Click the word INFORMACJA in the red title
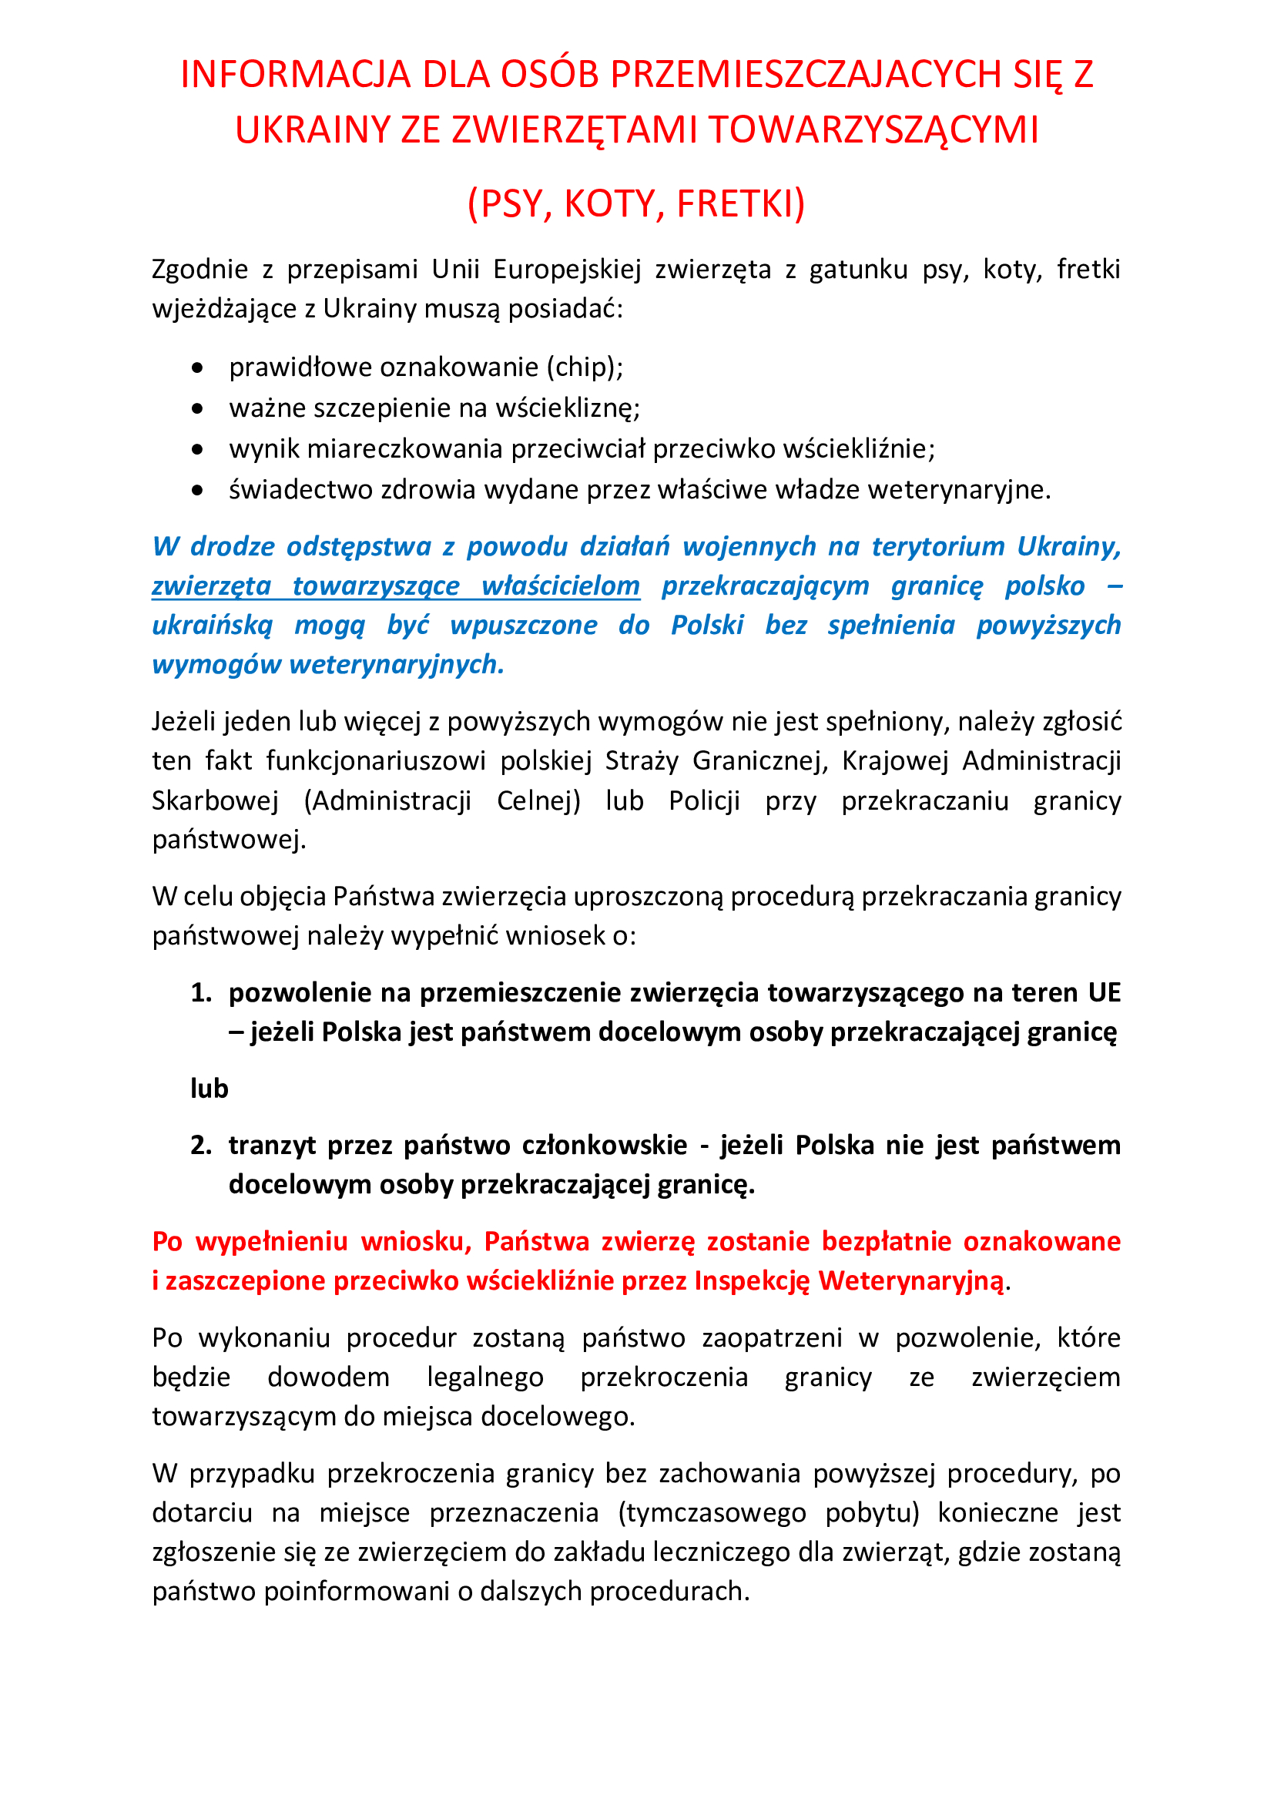[x=296, y=75]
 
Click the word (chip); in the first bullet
[x=585, y=367]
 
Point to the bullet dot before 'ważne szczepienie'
[x=198, y=408]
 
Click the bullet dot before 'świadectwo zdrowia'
[x=198, y=490]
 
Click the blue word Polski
[x=707, y=625]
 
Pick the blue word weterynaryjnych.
[x=396, y=665]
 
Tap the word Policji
[x=704, y=800]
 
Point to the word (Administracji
[x=387, y=800]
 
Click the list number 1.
[x=201, y=993]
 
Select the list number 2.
[x=201, y=1145]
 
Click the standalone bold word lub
[x=210, y=1089]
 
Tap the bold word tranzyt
[x=272, y=1145]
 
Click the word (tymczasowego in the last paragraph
[x=712, y=1512]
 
